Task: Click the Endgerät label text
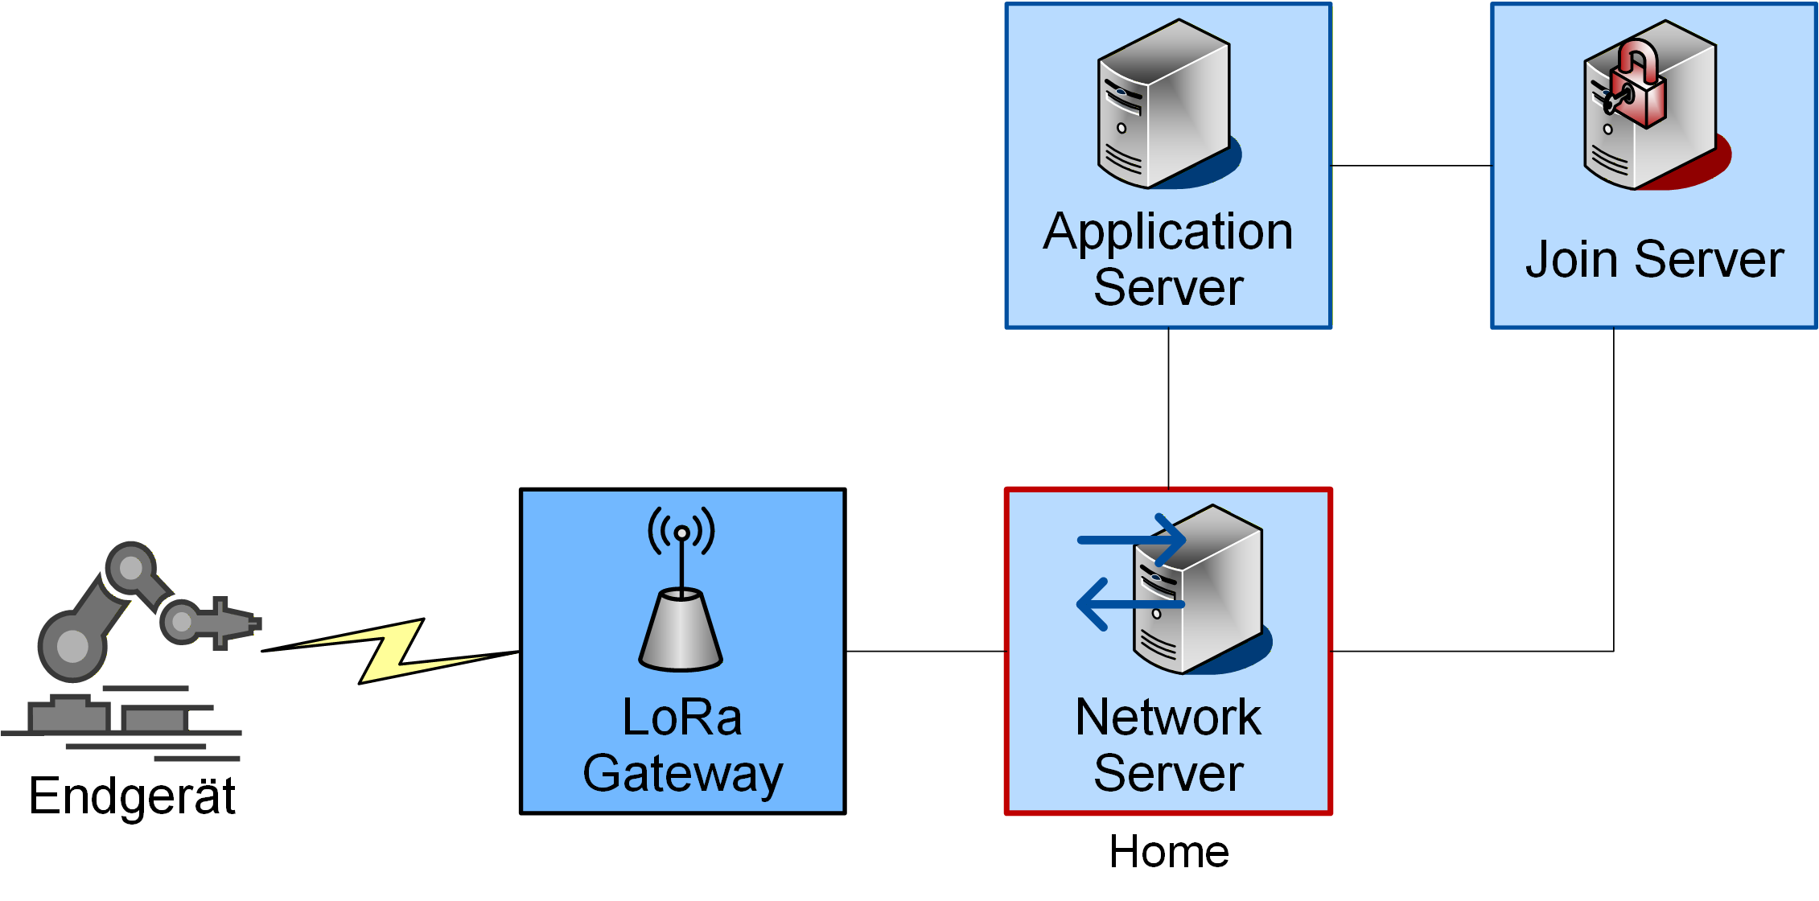[132, 796]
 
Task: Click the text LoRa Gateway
[682, 745]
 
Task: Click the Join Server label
[1654, 260]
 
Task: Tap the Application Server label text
[1168, 259]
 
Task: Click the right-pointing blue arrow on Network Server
[1132, 539]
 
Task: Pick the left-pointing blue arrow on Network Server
[1130, 604]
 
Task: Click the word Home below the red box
[1169, 852]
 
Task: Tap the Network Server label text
[1168, 745]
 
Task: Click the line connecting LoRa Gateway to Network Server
[925, 651]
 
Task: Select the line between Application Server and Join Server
[1411, 166]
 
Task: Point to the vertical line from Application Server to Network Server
[1168, 408]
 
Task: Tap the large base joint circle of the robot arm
[72, 646]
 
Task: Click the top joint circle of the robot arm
[130, 568]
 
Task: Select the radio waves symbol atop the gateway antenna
[681, 531]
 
